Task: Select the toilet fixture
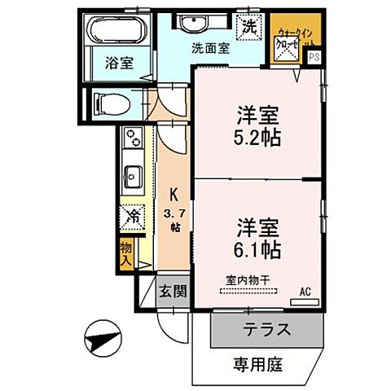[110, 103]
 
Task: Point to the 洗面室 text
[209, 48]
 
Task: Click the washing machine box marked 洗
[250, 25]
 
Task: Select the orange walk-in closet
[290, 40]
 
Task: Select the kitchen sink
[132, 174]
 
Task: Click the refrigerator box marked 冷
[131, 216]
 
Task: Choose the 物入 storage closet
[126, 253]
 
